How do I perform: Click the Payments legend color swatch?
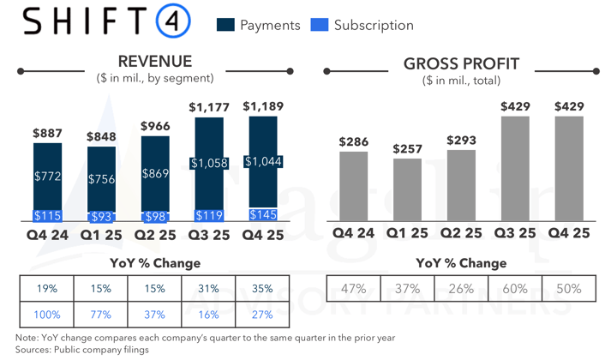pos(226,25)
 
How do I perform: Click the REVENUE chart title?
pos(155,62)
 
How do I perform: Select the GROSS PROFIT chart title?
pos(461,63)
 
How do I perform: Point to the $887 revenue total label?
pos(47,133)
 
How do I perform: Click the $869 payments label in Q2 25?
pos(155,172)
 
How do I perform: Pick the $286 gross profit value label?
pos(354,141)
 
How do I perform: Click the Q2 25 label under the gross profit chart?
pos(462,233)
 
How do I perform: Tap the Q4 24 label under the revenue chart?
pos(47,233)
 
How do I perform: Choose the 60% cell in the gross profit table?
pos(515,289)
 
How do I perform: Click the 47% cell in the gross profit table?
pos(354,289)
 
